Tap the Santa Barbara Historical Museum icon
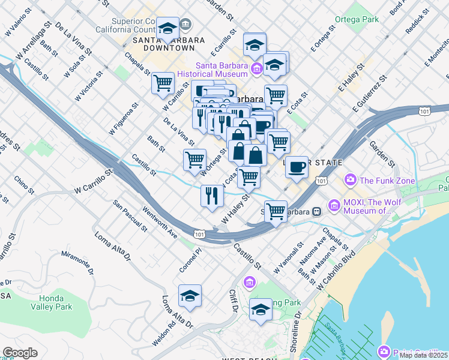coord(257,69)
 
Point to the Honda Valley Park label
coord(55,302)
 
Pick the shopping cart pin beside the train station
coord(276,211)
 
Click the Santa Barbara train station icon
coord(316,211)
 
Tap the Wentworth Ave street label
coord(160,222)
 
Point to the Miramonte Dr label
coord(78,262)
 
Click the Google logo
coord(20,353)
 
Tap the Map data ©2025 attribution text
coord(424,355)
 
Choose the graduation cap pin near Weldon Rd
coord(190,296)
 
